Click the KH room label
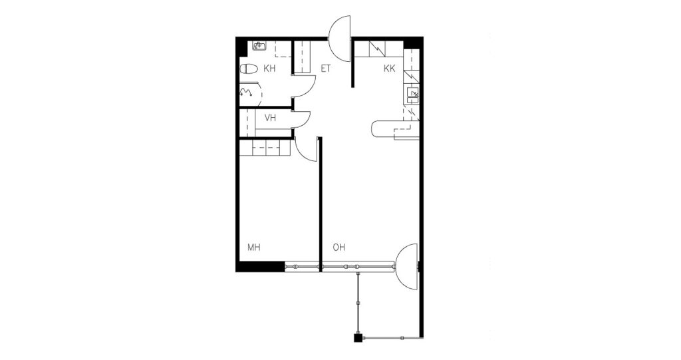(269, 69)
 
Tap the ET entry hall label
(326, 69)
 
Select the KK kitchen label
(389, 69)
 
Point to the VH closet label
(270, 118)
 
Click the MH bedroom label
(253, 248)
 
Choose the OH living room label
(339, 248)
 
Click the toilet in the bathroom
(249, 69)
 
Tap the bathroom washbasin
(260, 46)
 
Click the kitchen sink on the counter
(412, 95)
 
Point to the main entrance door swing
(340, 39)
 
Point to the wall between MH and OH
(321, 204)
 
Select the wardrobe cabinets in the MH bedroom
(265, 148)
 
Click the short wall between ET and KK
(352, 63)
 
